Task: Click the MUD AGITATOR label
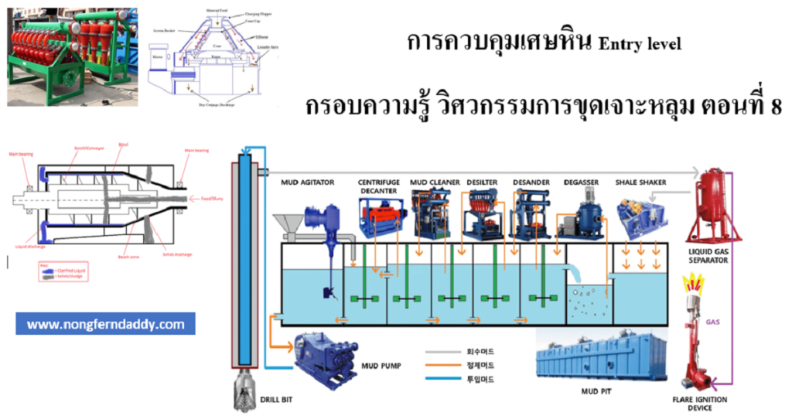(308, 182)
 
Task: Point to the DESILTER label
(482, 182)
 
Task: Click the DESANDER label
(531, 182)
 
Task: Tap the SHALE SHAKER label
(641, 182)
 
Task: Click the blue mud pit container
(600, 358)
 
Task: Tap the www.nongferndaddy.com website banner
(105, 324)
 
